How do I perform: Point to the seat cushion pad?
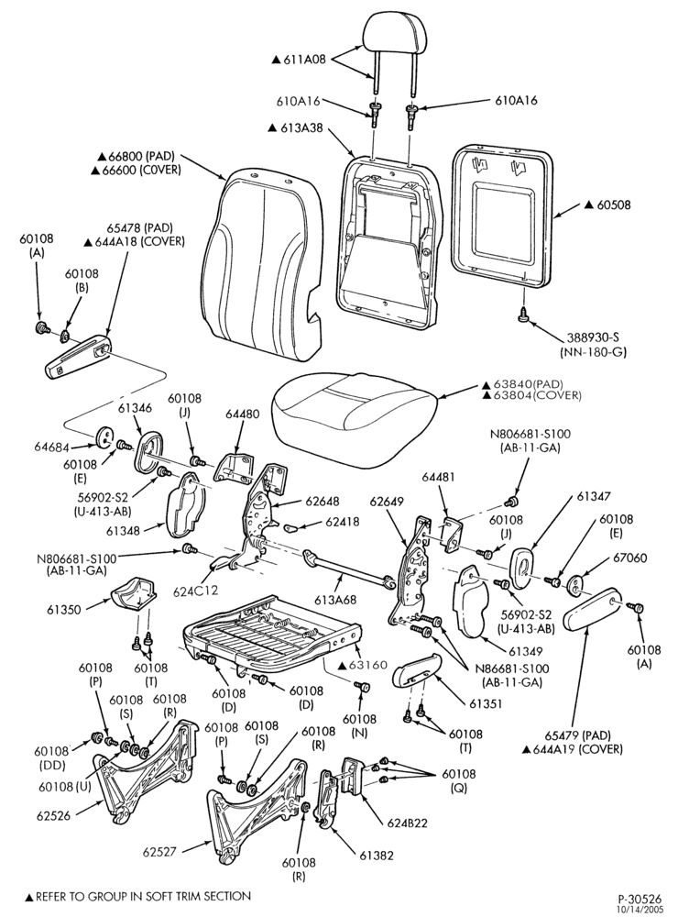pos(355,419)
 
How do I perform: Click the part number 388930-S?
pos(595,338)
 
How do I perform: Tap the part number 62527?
pos(160,852)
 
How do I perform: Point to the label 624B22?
pos(408,823)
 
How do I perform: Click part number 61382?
pos(377,856)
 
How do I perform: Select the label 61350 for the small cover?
pos(64,610)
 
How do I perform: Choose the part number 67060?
pos(630,558)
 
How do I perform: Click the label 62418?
pos(343,521)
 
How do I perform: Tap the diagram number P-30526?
pos(640,899)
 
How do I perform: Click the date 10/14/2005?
pos(641,909)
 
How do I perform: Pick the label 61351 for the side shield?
pos(487,703)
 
